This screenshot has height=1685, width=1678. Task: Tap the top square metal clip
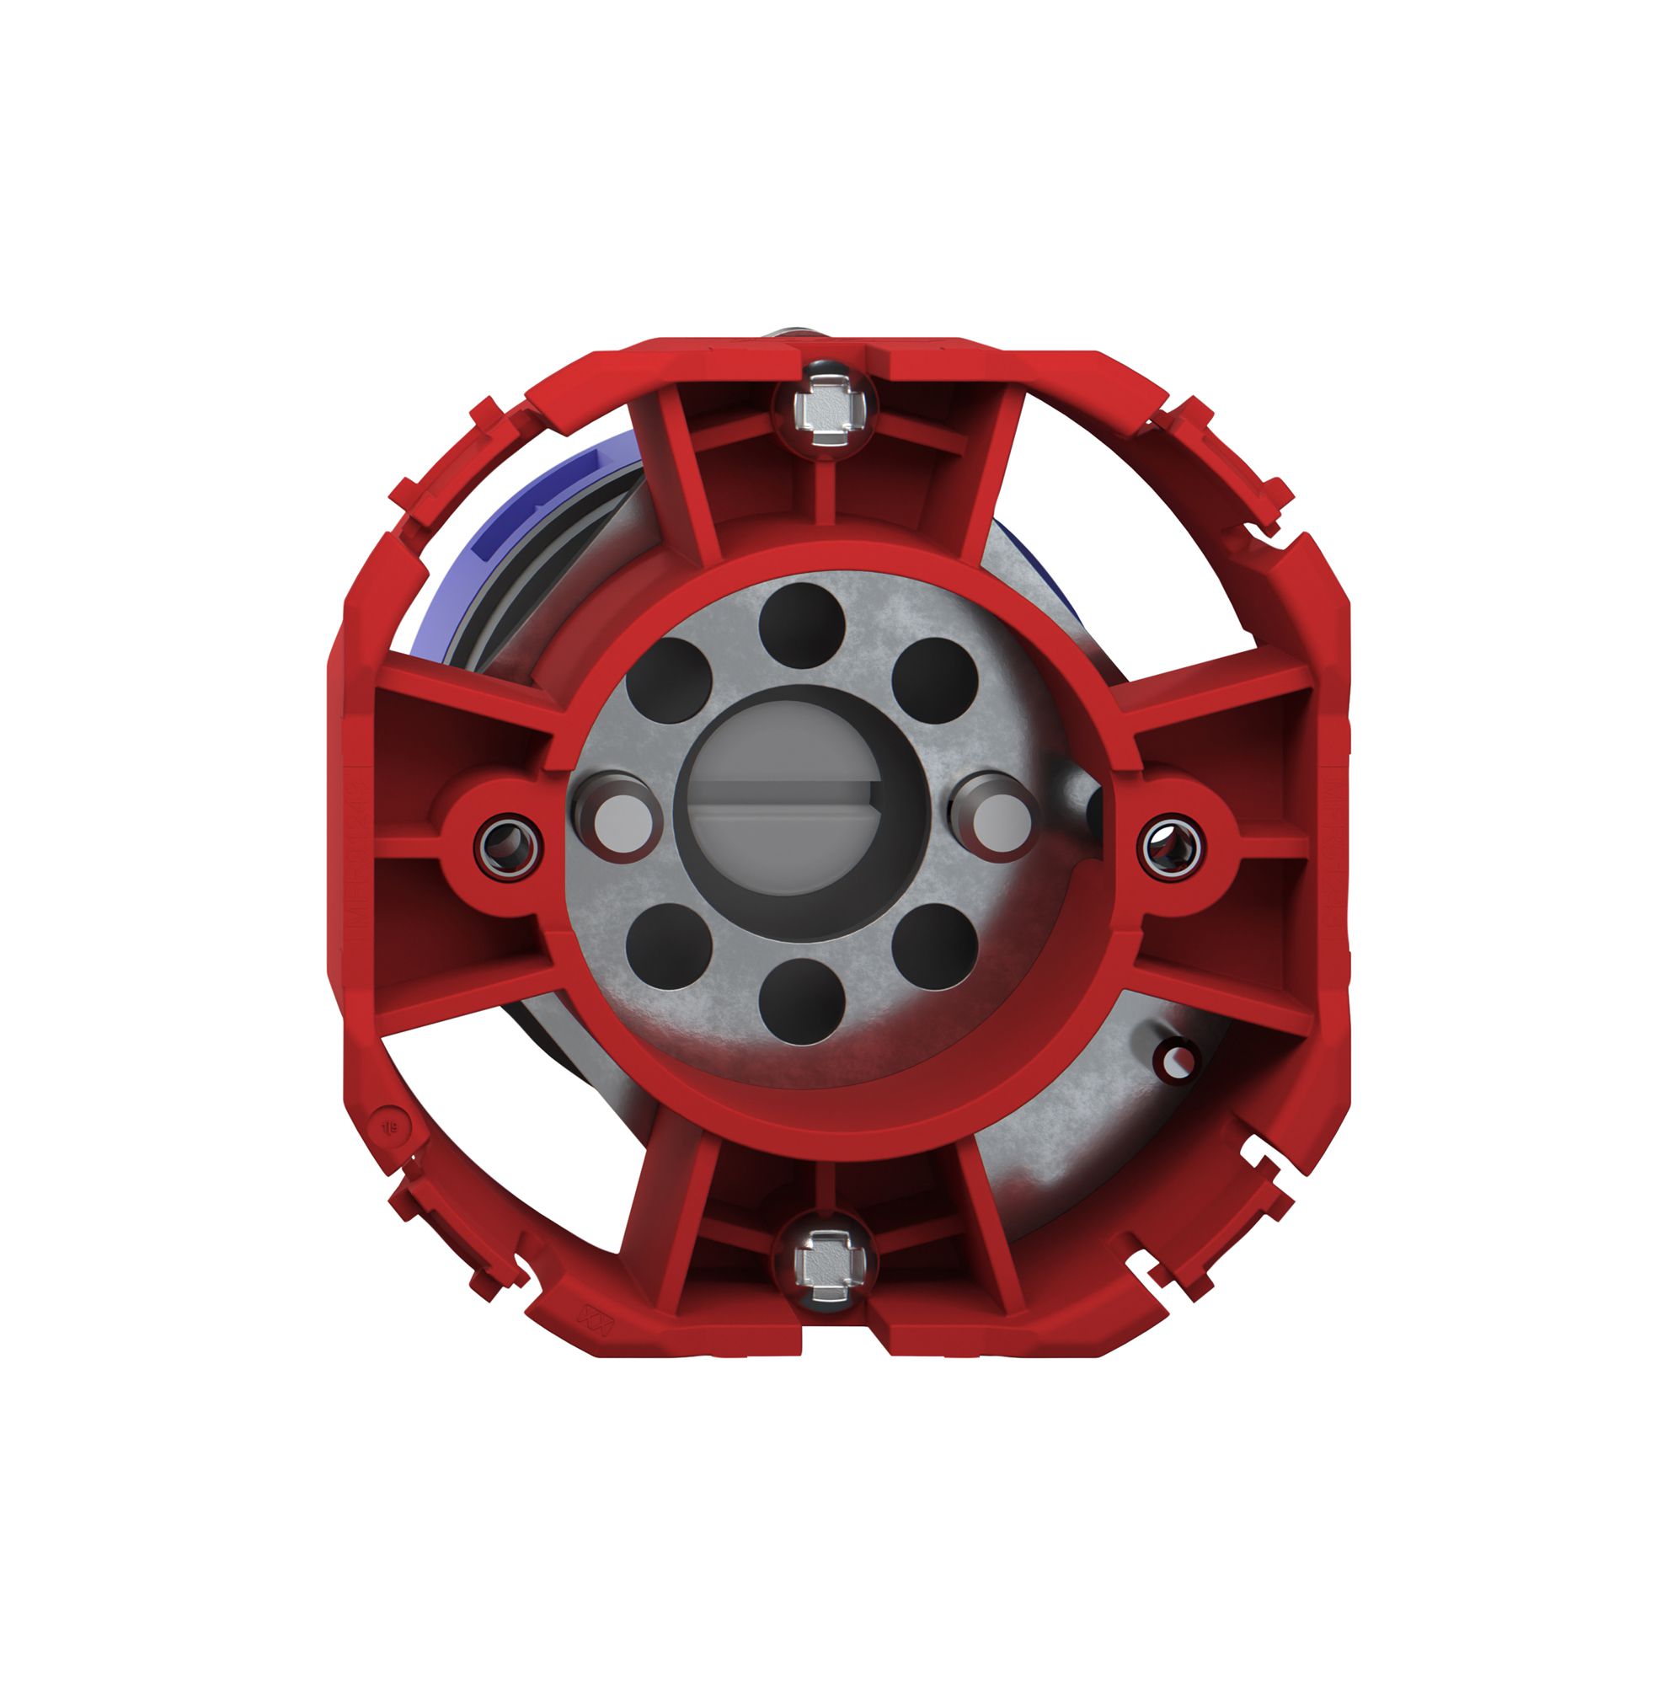click(x=823, y=406)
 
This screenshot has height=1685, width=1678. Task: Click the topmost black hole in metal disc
click(x=801, y=624)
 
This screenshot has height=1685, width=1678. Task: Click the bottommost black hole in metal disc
click(x=801, y=1001)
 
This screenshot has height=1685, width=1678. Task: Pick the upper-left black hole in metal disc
click(x=669, y=680)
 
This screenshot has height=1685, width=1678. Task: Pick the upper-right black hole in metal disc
click(x=935, y=680)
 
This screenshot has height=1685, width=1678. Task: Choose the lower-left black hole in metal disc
click(x=669, y=945)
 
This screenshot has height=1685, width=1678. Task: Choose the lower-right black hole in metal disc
click(x=935, y=945)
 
